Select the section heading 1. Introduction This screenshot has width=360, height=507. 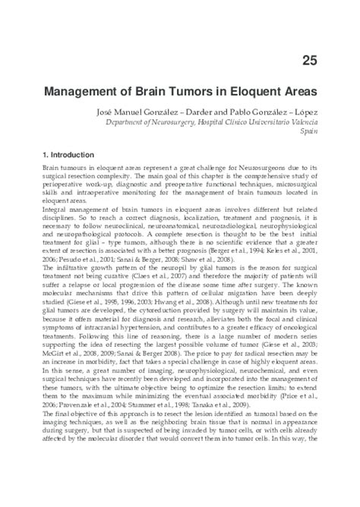[x=68, y=155]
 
